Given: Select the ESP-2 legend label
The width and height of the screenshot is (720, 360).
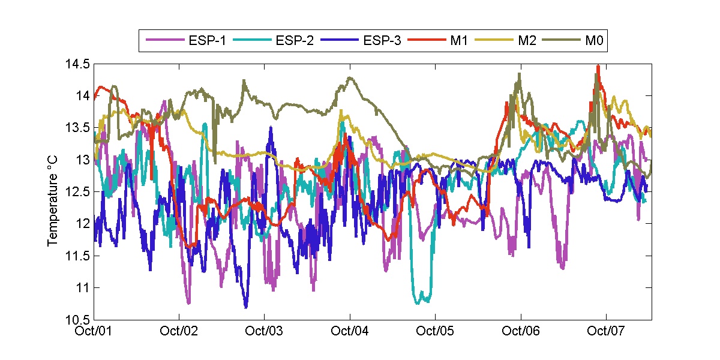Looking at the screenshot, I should pyautogui.click(x=295, y=41).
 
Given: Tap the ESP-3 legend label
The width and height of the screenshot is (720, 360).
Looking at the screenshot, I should pyautogui.click(x=382, y=41).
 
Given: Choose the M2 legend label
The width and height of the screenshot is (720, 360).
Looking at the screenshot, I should pyautogui.click(x=524, y=41).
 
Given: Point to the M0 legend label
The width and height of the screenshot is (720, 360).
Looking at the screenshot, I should pyautogui.click(x=591, y=41).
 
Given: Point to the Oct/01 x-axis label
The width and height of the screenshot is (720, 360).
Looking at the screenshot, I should pyautogui.click(x=95, y=331).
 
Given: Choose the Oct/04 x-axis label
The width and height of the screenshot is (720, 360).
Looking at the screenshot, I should pyautogui.click(x=350, y=331).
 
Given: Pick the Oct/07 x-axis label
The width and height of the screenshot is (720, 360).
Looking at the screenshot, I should pyautogui.click(x=607, y=331).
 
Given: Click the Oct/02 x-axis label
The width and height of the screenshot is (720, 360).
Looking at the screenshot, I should pyautogui.click(x=180, y=331).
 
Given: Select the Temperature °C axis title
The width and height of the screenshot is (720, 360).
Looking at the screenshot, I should pyautogui.click(x=53, y=192).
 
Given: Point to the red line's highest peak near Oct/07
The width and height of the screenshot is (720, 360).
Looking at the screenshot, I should pyautogui.click(x=598, y=66).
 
